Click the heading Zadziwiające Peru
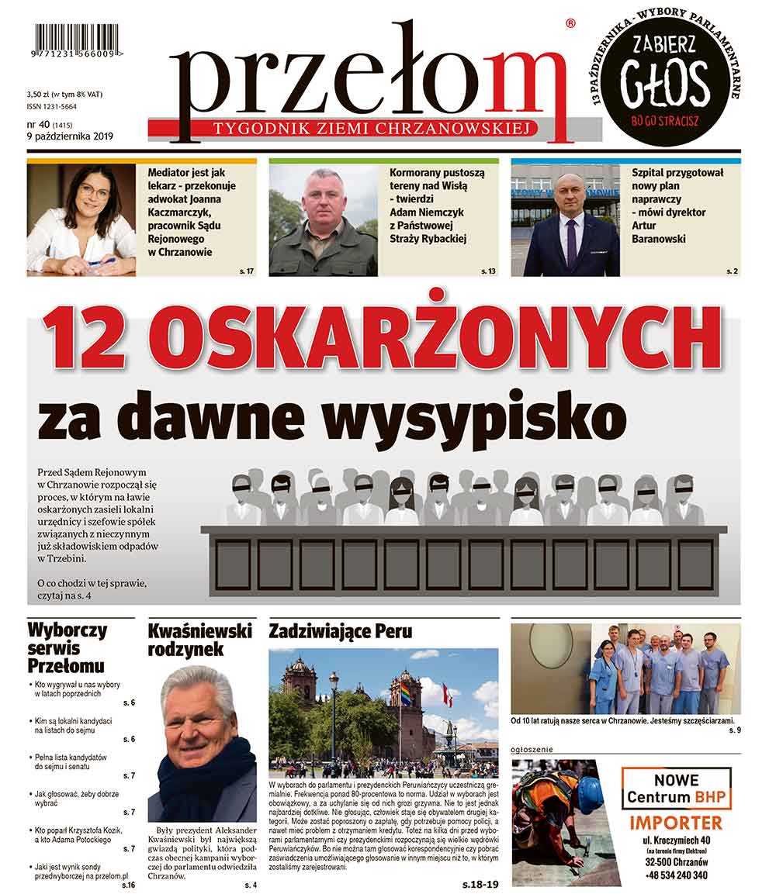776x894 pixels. [x=341, y=631]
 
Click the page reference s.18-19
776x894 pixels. [x=481, y=883]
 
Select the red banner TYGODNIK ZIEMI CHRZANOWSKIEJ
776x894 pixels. [x=363, y=129]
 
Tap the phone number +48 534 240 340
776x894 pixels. [x=677, y=875]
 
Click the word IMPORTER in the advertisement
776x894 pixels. [x=675, y=823]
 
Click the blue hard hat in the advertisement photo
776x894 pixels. [x=590, y=794]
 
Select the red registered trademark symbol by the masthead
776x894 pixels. [x=571, y=25]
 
